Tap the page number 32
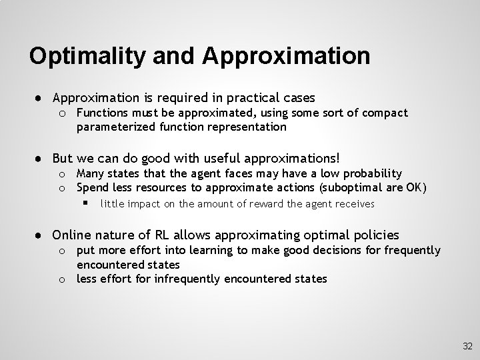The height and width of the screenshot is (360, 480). pos(467,346)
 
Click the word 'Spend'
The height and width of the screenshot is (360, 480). pos(92,187)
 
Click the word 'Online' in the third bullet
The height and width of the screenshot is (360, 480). pos(71,235)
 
